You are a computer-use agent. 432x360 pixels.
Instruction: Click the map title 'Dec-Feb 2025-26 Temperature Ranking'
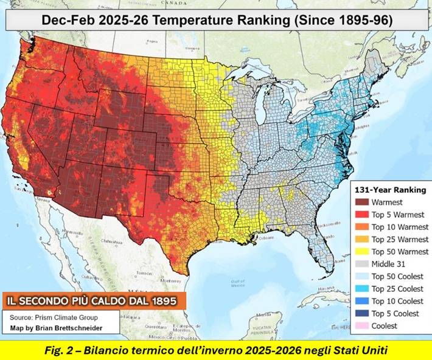tap(217, 19)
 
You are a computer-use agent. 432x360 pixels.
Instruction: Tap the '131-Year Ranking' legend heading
tap(389, 190)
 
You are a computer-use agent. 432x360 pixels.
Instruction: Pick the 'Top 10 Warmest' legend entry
tap(399, 227)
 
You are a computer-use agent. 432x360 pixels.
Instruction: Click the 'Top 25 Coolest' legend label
tap(397, 289)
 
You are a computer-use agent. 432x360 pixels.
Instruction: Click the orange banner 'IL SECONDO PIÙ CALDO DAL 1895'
tap(92, 301)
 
